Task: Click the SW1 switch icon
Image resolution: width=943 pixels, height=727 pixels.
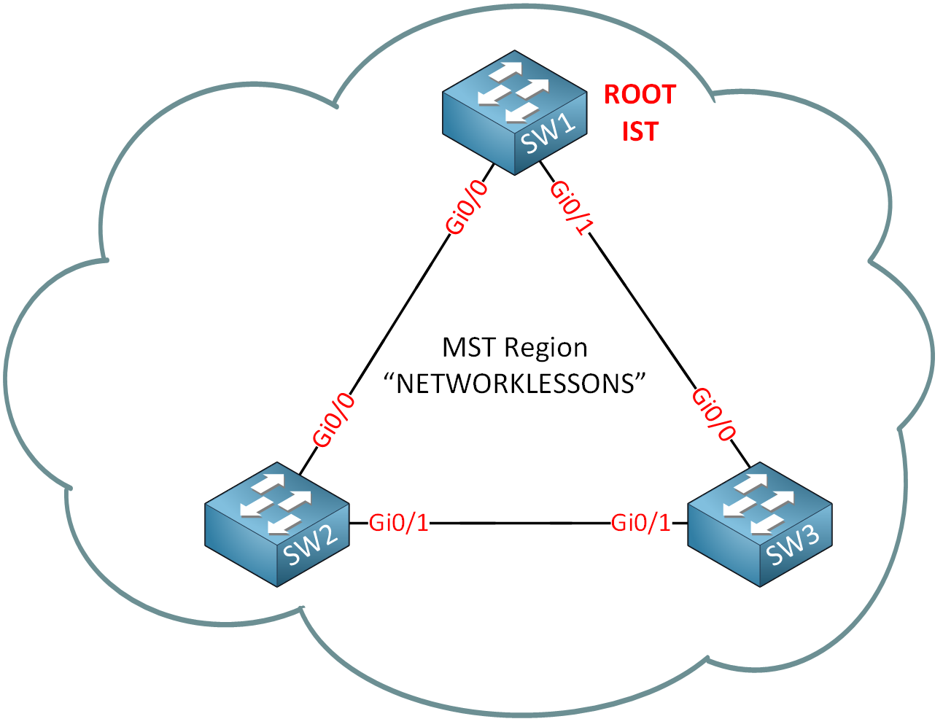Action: (x=515, y=112)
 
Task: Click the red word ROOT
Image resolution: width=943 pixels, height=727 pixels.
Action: (x=640, y=95)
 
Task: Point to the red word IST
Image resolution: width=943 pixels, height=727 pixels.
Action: (x=640, y=131)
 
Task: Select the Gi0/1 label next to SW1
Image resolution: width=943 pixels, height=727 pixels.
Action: (x=569, y=208)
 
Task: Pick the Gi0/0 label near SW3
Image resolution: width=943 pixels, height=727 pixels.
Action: (x=712, y=413)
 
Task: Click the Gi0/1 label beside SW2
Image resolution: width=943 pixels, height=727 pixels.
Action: (x=399, y=522)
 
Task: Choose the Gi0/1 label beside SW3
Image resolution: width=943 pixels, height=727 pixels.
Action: (x=640, y=522)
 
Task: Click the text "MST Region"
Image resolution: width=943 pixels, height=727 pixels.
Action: (x=515, y=347)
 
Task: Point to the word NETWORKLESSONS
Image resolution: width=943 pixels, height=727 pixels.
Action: (x=516, y=384)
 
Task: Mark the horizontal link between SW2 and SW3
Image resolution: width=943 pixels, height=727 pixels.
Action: (x=519, y=523)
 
